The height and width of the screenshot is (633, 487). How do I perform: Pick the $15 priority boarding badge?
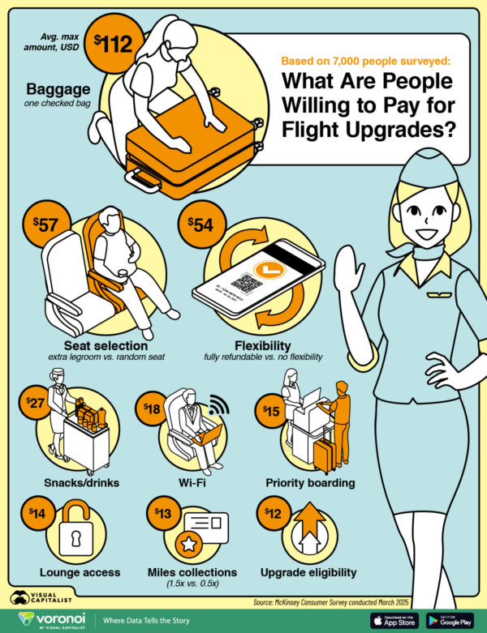point(270,412)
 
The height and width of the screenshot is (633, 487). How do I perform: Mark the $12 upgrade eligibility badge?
point(272,514)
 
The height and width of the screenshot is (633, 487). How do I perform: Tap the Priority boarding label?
point(310,484)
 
